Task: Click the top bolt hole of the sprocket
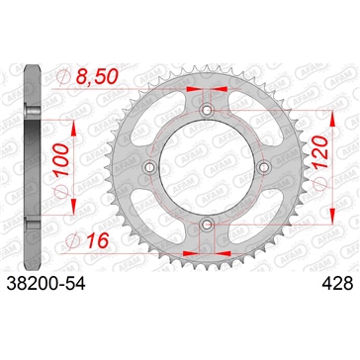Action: [x=206, y=111]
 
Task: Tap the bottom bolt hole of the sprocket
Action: [x=206, y=227]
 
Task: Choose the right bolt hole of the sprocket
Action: [x=264, y=169]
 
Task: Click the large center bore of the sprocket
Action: [x=206, y=169]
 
